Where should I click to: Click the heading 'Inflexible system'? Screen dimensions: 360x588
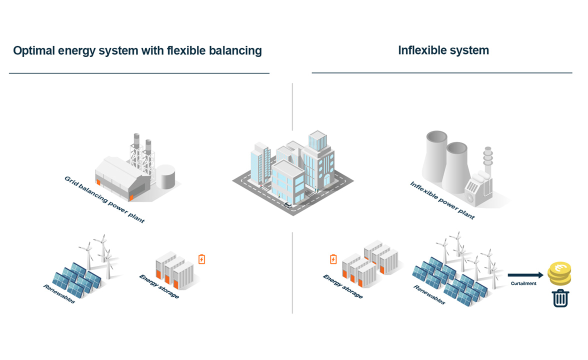click(x=443, y=50)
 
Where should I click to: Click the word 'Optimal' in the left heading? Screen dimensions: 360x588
click(x=34, y=51)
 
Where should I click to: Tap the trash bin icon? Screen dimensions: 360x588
click(x=560, y=298)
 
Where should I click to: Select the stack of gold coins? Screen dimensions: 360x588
click(x=559, y=273)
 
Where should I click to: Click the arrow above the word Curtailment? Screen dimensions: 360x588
click(x=525, y=275)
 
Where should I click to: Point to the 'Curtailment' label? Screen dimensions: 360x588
click(x=523, y=283)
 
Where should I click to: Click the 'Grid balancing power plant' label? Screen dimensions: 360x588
click(x=104, y=199)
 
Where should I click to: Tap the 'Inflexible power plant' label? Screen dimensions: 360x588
click(x=442, y=200)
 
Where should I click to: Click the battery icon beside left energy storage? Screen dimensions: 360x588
click(x=201, y=259)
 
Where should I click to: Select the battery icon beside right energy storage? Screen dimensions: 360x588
click(x=333, y=259)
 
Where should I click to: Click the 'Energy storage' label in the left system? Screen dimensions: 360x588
click(x=158, y=286)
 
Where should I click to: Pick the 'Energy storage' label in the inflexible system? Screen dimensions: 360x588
click(x=342, y=286)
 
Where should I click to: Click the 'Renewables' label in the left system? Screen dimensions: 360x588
click(x=59, y=294)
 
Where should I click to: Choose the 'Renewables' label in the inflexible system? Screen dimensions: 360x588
click(x=429, y=294)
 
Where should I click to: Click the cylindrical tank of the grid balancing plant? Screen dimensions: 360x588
click(x=165, y=177)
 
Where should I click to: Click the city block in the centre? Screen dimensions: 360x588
click(x=293, y=172)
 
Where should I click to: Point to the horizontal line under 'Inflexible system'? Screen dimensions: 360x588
click(x=441, y=73)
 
